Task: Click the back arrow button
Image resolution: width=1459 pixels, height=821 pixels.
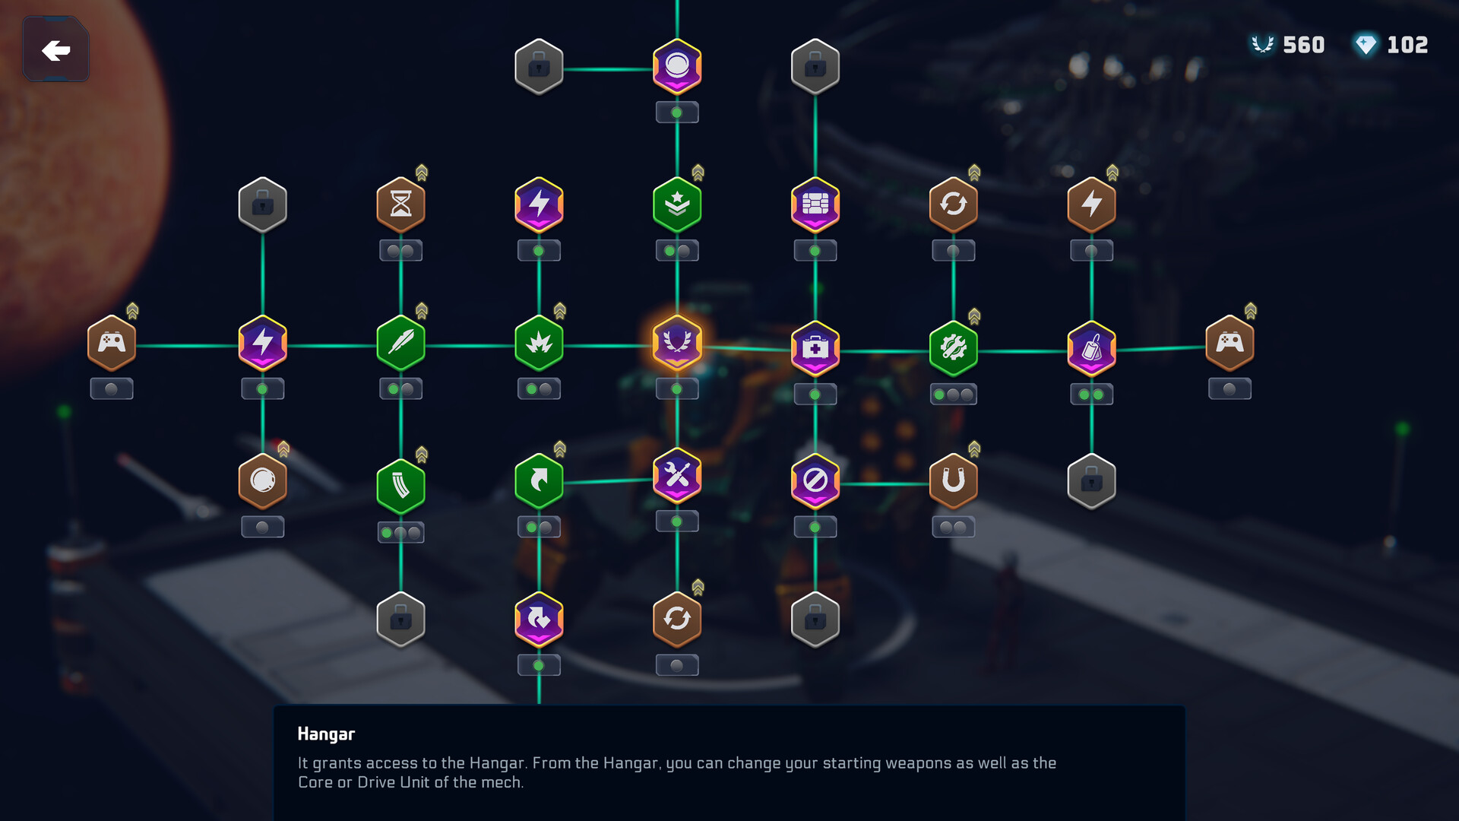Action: tap(55, 49)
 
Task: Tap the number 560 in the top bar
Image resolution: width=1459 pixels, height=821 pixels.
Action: tap(1303, 45)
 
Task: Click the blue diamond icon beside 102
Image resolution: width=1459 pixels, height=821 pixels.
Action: tap(1366, 45)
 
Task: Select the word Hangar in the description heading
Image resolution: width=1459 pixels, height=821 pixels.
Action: tap(326, 734)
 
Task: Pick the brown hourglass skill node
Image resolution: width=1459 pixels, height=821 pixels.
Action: tap(400, 204)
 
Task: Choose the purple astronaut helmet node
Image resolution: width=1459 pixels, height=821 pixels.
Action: tap(677, 67)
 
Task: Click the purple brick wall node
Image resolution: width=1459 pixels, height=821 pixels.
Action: tap(815, 204)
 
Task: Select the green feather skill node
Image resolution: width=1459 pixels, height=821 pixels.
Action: tap(400, 343)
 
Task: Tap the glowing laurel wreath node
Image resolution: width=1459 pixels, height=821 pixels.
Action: tap(677, 343)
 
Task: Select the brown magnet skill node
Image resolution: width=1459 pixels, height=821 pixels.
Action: tap(954, 481)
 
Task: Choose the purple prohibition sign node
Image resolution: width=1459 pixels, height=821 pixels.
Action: tap(815, 481)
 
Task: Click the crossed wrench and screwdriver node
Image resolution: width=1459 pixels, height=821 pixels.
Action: tap(677, 476)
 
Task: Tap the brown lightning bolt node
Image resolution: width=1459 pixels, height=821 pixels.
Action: tap(1092, 204)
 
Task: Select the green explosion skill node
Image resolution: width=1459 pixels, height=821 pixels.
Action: tap(539, 343)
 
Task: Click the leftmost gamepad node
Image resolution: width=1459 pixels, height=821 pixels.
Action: tap(112, 343)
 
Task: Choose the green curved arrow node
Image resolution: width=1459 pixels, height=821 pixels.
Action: tap(539, 481)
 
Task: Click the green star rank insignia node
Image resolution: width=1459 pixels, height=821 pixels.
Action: tap(677, 204)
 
